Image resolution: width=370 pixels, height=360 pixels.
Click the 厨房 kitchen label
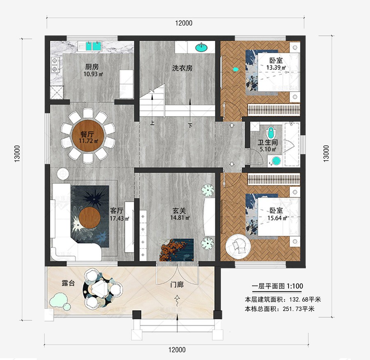click(x=92, y=67)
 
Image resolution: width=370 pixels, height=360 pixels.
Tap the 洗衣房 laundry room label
click(x=182, y=68)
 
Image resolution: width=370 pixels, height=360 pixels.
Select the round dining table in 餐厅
click(x=88, y=136)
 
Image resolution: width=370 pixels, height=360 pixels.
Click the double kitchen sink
click(x=93, y=46)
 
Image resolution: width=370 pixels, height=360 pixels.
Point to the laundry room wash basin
click(x=201, y=48)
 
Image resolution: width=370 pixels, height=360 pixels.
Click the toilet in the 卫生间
click(x=271, y=133)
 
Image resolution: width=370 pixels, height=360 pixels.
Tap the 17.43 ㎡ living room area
click(x=119, y=219)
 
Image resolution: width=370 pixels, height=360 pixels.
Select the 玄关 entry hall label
click(x=179, y=210)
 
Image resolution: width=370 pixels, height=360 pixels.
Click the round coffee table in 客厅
click(x=90, y=217)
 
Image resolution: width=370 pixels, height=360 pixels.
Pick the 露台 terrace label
click(x=68, y=283)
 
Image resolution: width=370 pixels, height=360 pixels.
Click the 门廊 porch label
click(x=177, y=284)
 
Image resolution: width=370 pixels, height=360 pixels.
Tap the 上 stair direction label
click(x=152, y=123)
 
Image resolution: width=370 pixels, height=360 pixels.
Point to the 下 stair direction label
click(x=190, y=125)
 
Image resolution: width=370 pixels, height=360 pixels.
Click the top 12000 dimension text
click(x=184, y=23)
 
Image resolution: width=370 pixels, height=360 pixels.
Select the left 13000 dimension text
click(x=17, y=154)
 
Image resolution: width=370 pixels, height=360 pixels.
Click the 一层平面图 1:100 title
click(x=277, y=286)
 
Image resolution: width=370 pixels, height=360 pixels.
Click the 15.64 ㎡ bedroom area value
click(x=277, y=218)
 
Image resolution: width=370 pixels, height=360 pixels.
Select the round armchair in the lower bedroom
click(x=238, y=247)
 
